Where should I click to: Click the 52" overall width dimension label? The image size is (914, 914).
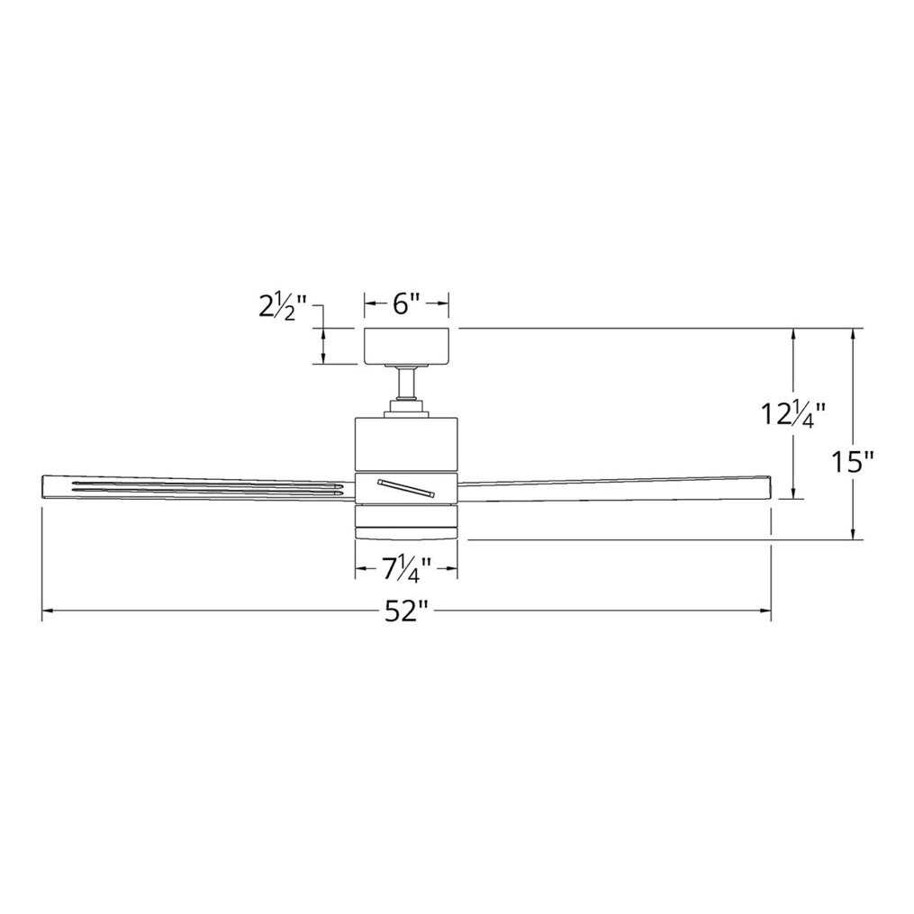406,611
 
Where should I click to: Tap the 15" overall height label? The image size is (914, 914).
852,462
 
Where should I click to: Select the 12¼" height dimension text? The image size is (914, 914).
793,416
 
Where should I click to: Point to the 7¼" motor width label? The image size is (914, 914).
406,569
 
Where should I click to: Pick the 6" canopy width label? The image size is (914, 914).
406,303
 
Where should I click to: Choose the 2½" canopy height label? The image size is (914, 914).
283,307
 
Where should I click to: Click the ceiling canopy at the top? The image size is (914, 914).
406,347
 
